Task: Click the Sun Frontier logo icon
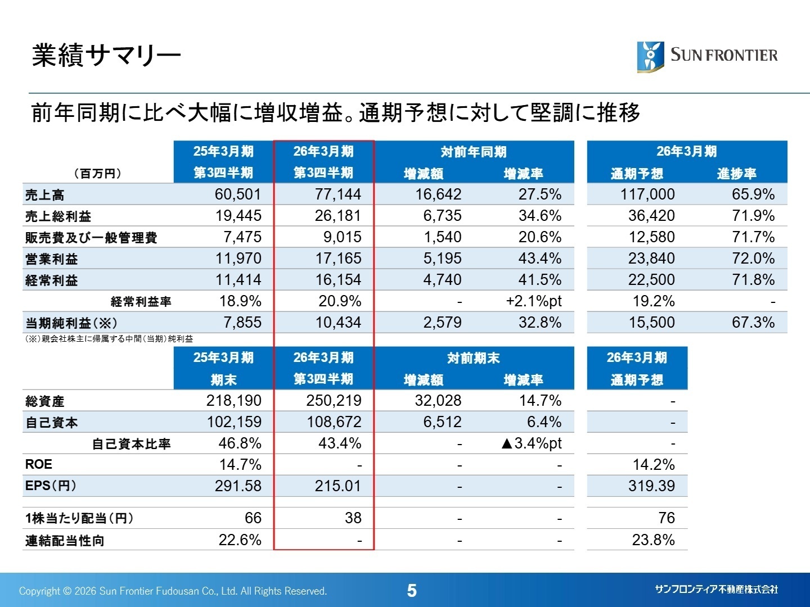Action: click(x=650, y=56)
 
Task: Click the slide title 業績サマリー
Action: click(x=106, y=55)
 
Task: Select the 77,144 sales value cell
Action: click(x=337, y=194)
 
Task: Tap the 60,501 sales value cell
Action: click(x=237, y=194)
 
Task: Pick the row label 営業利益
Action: click(x=52, y=259)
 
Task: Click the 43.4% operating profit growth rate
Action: click(x=539, y=259)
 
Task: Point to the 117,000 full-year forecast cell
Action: click(x=647, y=194)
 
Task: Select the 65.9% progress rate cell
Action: click(x=753, y=194)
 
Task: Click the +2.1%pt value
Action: click(x=533, y=301)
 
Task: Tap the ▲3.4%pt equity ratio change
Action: click(x=530, y=443)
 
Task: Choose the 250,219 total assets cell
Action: click(x=334, y=401)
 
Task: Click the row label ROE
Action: click(x=39, y=464)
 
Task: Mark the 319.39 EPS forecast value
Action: click(x=651, y=486)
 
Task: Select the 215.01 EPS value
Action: click(x=337, y=486)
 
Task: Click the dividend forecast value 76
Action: click(x=666, y=518)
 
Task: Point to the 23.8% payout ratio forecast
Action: click(x=653, y=540)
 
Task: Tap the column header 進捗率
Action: click(x=736, y=174)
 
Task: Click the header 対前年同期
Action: click(x=474, y=152)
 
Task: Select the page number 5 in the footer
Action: click(x=412, y=591)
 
